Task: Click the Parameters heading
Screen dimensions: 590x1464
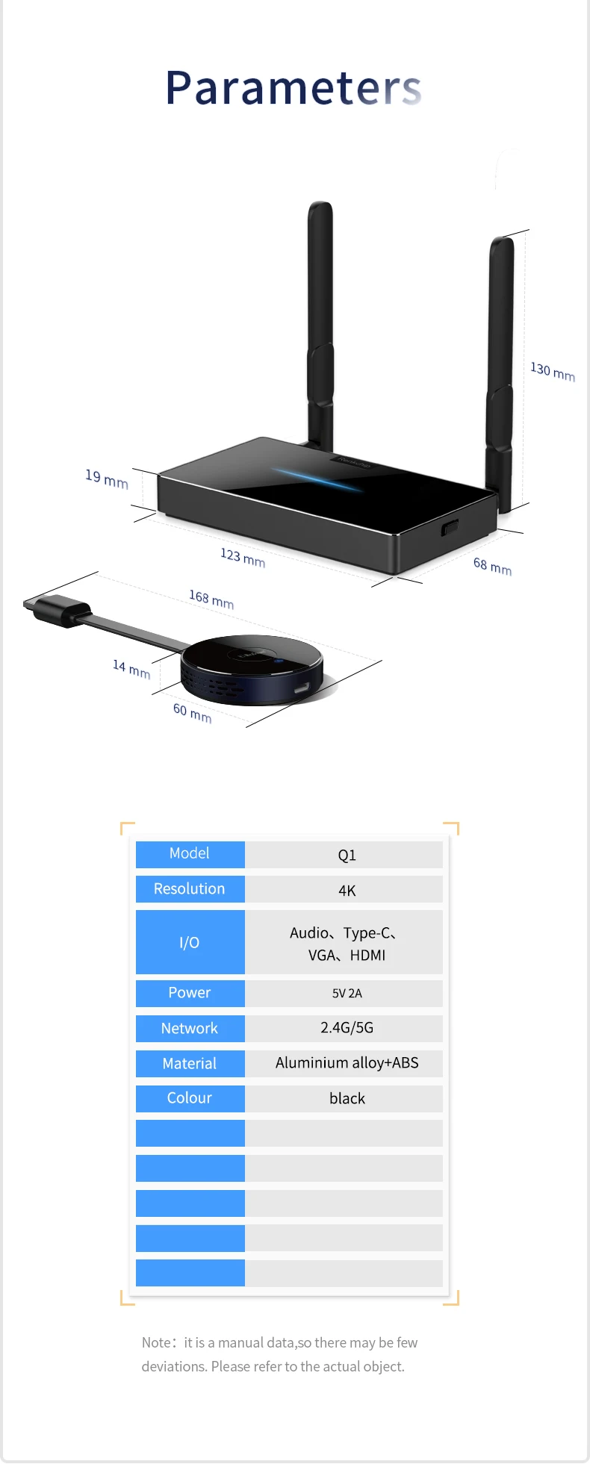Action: coord(294,88)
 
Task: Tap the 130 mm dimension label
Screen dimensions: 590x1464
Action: coord(553,371)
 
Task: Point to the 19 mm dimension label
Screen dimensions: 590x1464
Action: coord(107,479)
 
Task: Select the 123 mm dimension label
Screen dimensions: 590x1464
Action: coord(243,557)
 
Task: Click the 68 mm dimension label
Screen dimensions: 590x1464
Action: coord(492,566)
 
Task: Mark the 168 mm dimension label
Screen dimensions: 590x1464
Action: coord(211,599)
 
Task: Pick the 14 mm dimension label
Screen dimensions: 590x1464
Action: coord(131,668)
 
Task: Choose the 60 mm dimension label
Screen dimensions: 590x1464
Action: coord(192,713)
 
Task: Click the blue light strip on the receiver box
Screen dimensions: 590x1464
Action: coord(317,479)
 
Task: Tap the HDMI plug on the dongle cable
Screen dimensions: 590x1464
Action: coord(58,610)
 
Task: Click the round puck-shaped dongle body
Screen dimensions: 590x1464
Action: coord(252,668)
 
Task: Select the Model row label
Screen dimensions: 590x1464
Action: coord(190,853)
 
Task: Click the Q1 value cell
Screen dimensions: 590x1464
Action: coord(347,855)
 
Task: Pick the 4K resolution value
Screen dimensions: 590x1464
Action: coord(347,890)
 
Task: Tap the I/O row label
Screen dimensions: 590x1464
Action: coord(190,942)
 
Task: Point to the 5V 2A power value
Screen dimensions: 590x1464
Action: coord(347,993)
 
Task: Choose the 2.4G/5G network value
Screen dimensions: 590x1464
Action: coord(347,1027)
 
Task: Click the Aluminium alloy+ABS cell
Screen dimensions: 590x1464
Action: coord(347,1062)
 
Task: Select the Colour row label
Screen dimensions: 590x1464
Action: coord(190,1097)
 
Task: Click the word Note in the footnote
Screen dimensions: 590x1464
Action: coord(156,1342)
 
